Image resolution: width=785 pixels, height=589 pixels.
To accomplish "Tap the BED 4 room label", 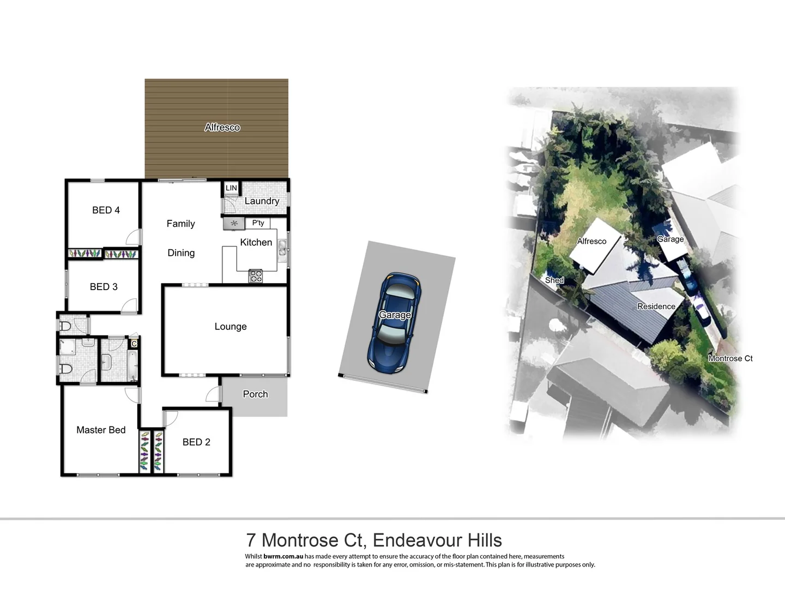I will click(x=106, y=210).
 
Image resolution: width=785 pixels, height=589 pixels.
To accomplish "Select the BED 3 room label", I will click(x=104, y=287).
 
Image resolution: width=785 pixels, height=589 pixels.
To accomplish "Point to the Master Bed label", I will click(x=101, y=430).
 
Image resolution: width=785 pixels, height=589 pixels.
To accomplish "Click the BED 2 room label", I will click(x=196, y=442).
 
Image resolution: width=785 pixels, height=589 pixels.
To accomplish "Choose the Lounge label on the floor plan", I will click(x=231, y=327).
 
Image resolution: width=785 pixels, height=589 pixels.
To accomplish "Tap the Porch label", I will click(x=255, y=394).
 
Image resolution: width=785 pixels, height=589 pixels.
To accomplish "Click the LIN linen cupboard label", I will click(x=231, y=188).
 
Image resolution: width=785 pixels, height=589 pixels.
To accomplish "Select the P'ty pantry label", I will click(x=258, y=223).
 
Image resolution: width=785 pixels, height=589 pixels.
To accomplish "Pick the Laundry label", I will click(x=262, y=201).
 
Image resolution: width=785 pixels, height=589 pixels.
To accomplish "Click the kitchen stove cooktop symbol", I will click(x=256, y=276).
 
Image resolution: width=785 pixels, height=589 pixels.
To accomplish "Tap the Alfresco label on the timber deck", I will click(x=222, y=127).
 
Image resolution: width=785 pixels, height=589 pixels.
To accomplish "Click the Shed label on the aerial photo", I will click(x=554, y=280).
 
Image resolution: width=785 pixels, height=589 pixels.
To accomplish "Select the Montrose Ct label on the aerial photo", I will click(x=730, y=358).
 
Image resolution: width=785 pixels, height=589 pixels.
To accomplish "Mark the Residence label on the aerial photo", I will click(x=656, y=306).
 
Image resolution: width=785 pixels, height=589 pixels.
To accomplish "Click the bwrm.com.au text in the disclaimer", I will click(x=283, y=556).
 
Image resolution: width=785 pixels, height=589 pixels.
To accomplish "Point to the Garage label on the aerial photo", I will click(x=670, y=239).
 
